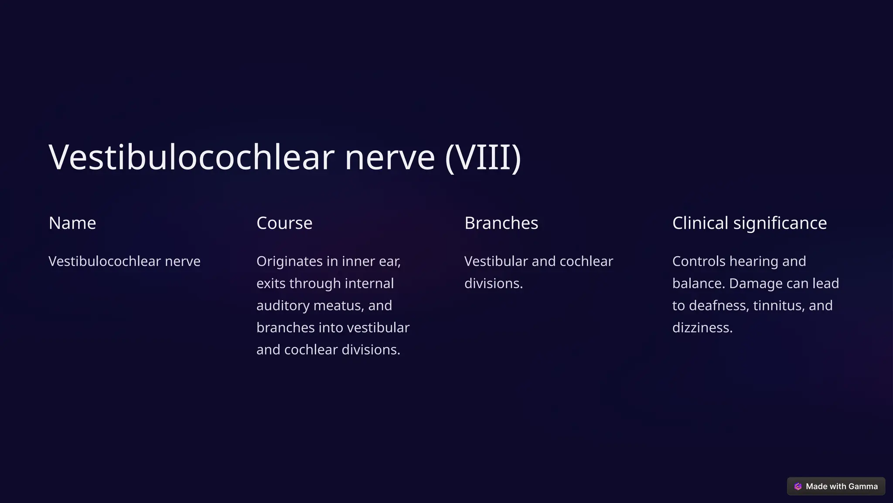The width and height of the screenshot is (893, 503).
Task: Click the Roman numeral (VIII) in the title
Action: pyautogui.click(x=483, y=157)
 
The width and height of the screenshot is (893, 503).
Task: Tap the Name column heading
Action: pyautogui.click(x=72, y=223)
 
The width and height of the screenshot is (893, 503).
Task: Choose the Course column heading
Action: pyautogui.click(x=284, y=223)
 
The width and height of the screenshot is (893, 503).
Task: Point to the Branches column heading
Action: pyautogui.click(x=501, y=223)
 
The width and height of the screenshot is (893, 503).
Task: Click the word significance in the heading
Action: pyautogui.click(x=780, y=223)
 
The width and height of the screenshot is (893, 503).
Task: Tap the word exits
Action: pyautogui.click(x=270, y=283)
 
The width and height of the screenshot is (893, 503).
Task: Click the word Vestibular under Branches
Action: pyautogui.click(x=496, y=261)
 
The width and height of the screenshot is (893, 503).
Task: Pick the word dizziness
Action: pyautogui.click(x=702, y=327)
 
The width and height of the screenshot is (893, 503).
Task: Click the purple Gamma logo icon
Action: pyautogui.click(x=798, y=486)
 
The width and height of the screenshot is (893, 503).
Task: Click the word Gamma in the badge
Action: pyautogui.click(x=863, y=486)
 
